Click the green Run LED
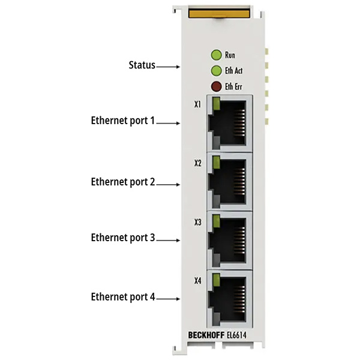point(216,55)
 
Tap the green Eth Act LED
point(216,71)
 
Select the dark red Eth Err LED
point(216,86)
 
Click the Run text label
point(230,55)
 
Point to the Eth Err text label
point(233,86)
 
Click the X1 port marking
point(197,104)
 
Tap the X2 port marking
point(197,163)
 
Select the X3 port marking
point(197,222)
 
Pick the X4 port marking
point(197,281)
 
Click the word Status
point(142,65)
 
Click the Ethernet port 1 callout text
point(123,121)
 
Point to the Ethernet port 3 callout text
point(123,238)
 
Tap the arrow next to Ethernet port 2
point(168,184)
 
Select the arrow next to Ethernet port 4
point(168,299)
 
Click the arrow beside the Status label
point(168,67)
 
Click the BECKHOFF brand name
point(206,335)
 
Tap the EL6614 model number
point(236,335)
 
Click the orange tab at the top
point(219,13)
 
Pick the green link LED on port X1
point(216,104)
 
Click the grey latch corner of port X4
point(216,319)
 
